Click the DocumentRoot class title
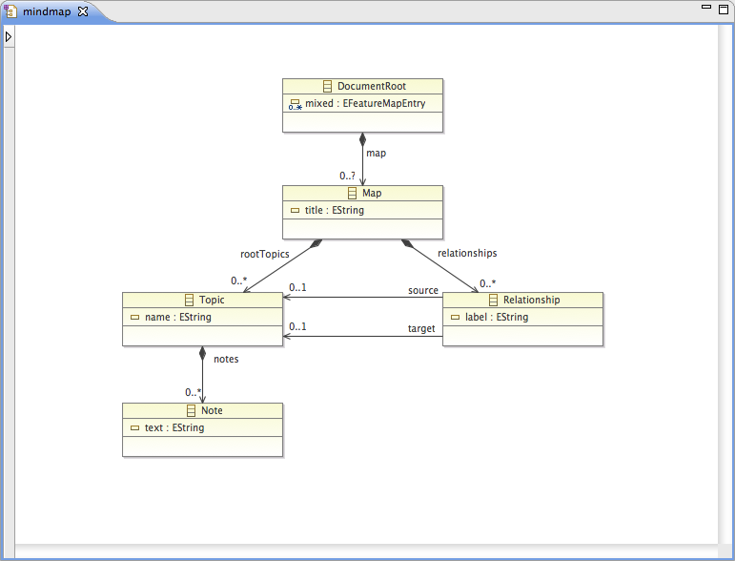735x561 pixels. [x=371, y=87]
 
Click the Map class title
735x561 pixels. [x=371, y=194]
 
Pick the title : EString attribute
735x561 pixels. [x=334, y=210]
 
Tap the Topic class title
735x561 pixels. [x=211, y=301]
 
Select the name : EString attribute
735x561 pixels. [x=177, y=317]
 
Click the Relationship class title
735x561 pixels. [x=531, y=301]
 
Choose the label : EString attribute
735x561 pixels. [x=496, y=317]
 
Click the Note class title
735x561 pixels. [x=211, y=411]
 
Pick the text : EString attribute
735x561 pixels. [x=174, y=427]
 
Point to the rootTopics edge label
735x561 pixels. [x=264, y=254]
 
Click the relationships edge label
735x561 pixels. [x=467, y=254]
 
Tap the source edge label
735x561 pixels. [x=423, y=290]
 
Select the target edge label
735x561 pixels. [x=421, y=329]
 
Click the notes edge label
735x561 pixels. [x=226, y=360]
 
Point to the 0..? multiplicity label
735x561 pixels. [x=348, y=176]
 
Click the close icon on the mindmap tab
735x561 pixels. [x=82, y=11]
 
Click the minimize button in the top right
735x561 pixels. [x=706, y=8]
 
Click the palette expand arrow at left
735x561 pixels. [x=8, y=37]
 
